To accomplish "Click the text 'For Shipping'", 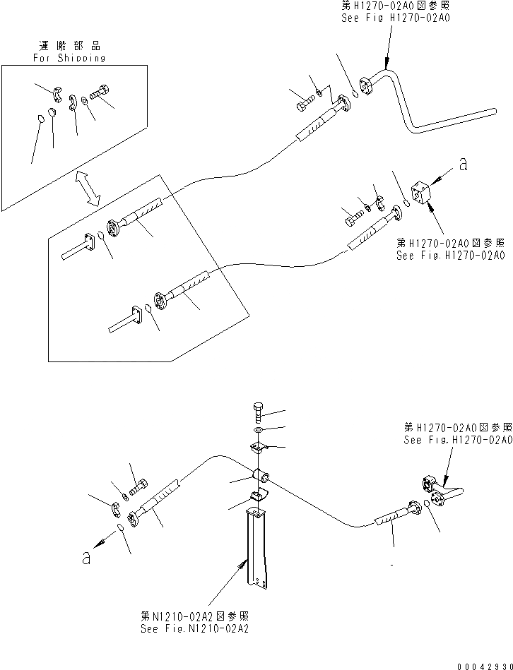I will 69,58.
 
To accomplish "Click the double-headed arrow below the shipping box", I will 88,188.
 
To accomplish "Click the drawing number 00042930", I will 483,664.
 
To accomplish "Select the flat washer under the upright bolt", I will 258,430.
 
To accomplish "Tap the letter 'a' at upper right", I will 463,164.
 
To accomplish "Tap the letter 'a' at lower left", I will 86,557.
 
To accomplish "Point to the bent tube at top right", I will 424,106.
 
